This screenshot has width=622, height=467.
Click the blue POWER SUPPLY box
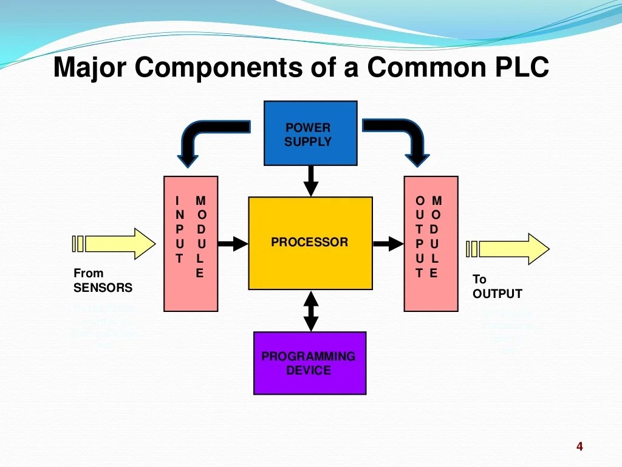pos(310,133)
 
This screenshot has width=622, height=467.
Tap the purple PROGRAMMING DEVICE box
pos(310,363)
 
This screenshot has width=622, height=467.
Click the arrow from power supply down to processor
pos(310,180)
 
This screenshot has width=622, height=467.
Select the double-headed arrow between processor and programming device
pos(310,311)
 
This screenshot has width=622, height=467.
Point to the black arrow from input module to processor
pos(233,244)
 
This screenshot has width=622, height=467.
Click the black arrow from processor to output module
pos(388,244)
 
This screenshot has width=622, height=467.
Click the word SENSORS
pos(103,288)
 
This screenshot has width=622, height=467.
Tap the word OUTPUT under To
pos(497,294)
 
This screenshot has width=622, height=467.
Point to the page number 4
pos(579,448)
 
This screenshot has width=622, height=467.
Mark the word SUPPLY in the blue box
pos(308,142)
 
